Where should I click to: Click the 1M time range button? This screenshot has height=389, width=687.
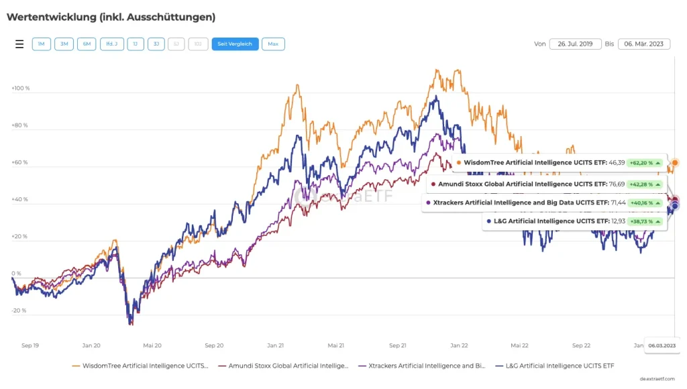[41, 44]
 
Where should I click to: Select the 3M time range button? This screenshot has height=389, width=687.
[64, 44]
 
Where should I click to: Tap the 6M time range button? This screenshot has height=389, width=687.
[87, 44]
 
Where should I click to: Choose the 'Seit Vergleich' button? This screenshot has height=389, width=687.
[235, 44]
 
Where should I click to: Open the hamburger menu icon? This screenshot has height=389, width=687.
[19, 44]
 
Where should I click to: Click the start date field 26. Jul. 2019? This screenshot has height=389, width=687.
[575, 44]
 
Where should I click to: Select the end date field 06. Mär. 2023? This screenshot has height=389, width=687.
[644, 44]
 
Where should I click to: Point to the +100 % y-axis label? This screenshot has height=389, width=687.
[21, 88]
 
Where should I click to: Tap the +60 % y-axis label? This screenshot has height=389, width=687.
[21, 162]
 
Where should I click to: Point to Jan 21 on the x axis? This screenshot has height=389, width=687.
[275, 345]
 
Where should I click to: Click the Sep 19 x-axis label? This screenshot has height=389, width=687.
[30, 345]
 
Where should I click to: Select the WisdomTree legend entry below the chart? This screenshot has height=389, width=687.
[141, 366]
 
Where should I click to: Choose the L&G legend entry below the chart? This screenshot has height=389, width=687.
[555, 366]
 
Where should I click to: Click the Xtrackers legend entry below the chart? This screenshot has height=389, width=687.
[423, 366]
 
